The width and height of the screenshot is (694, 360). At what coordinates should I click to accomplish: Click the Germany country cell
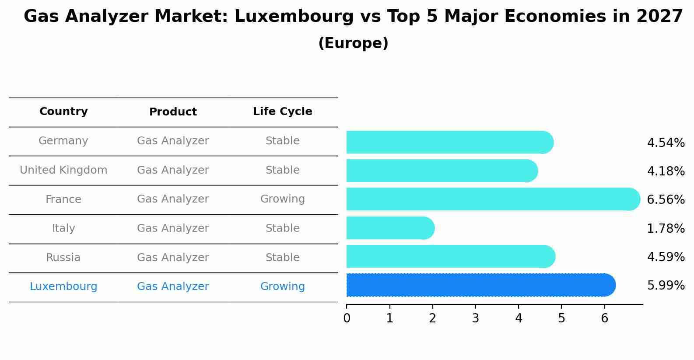(63, 141)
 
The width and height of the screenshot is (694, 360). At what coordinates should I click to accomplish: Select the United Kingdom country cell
(63, 170)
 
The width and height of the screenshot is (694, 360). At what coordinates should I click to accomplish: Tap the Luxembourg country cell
(63, 287)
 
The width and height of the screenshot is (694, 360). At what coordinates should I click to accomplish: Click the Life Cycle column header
(282, 112)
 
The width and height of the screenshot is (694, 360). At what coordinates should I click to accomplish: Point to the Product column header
(173, 112)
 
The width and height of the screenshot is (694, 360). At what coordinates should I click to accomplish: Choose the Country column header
(63, 112)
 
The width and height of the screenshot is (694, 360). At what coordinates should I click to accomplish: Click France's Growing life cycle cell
(282, 199)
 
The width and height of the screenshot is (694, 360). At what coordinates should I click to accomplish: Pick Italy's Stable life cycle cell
(282, 228)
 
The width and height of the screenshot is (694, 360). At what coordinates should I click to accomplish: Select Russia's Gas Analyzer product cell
(173, 258)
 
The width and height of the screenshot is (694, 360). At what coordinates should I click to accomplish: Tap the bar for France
(490, 199)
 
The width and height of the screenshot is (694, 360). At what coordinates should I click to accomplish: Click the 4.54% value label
(666, 143)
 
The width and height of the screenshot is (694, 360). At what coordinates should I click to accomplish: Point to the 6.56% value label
(666, 200)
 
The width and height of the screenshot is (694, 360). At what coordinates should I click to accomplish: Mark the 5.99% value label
(666, 286)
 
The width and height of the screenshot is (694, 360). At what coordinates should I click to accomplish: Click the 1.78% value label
(666, 228)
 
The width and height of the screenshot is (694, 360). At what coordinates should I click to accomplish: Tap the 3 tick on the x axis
(476, 318)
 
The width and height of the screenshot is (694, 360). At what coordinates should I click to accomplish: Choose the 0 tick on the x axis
(347, 318)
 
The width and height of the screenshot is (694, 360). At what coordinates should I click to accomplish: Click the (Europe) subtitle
(353, 43)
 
